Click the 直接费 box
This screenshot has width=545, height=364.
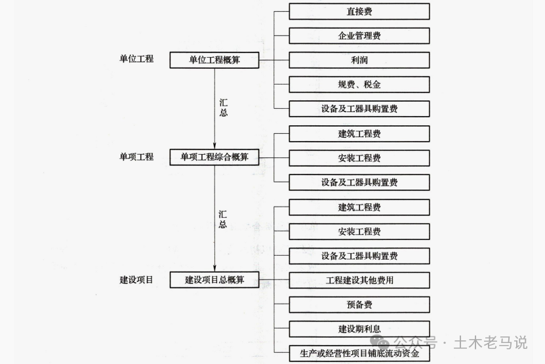click(359, 12)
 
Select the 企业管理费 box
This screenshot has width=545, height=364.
click(359, 36)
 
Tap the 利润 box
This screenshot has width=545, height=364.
click(359, 60)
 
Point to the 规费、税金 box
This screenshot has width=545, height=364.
click(359, 85)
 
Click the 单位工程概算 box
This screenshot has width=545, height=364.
click(214, 60)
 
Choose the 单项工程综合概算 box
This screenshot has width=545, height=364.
click(214, 157)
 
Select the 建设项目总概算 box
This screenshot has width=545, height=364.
click(214, 280)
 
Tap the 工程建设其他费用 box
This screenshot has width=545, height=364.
click(359, 280)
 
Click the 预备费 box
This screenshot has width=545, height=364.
click(359, 304)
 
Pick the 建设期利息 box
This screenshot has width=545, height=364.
click(359, 329)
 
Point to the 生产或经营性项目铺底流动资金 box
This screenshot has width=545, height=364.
click(359, 353)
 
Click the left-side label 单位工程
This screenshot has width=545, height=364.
click(136, 59)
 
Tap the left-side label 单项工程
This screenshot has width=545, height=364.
click(136, 157)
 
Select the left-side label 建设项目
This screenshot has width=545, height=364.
click(136, 279)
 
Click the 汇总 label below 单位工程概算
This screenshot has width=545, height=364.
click(223, 108)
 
